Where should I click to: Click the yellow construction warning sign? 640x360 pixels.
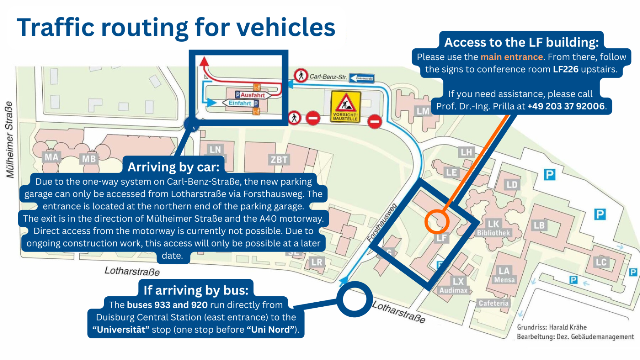[345, 106]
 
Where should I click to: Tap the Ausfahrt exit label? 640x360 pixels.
[252, 95]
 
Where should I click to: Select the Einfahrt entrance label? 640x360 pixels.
[240, 103]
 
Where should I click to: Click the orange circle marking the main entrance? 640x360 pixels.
[437, 222]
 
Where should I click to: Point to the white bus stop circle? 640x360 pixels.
[354, 299]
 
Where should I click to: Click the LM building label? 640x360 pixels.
[423, 111]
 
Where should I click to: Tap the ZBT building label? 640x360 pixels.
[279, 160]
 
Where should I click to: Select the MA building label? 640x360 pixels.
[51, 157]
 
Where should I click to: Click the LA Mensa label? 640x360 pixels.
[504, 275]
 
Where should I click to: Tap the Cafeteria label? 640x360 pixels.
[494, 303]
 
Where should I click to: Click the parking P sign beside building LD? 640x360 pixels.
[549, 174]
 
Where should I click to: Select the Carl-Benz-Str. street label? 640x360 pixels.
[328, 76]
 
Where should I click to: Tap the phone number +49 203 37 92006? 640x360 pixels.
[566, 106]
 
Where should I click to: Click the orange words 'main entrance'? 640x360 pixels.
[511, 57]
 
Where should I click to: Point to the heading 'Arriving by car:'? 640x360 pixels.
[174, 167]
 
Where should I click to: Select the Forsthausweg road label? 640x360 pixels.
[382, 223]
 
